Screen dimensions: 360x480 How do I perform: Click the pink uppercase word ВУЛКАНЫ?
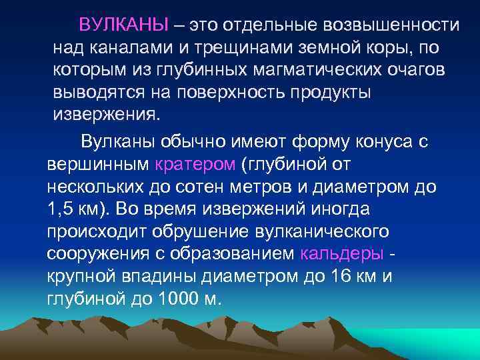click(x=123, y=25)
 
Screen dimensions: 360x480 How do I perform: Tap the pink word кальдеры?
click(x=343, y=253)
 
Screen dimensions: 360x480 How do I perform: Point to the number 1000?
click(x=179, y=298)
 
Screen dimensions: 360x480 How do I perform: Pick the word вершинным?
click(x=99, y=163)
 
